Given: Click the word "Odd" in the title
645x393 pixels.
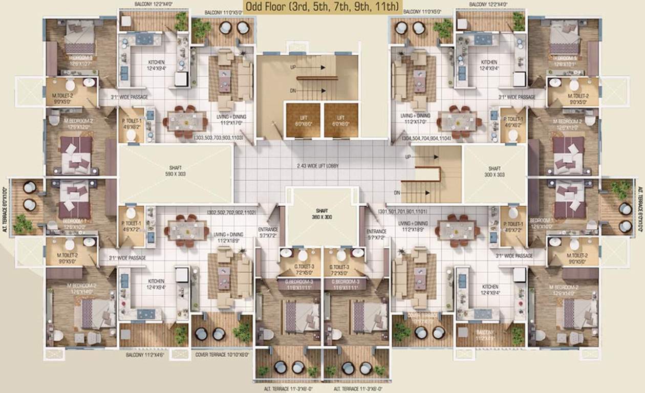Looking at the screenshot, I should click(255, 7).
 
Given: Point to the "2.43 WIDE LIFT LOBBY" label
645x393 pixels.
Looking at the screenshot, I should click(318, 166).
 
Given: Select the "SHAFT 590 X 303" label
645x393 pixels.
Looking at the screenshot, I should click(175, 171).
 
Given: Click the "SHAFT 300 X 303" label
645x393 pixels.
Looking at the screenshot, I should click(494, 171).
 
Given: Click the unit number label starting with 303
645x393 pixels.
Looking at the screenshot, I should click(223, 138).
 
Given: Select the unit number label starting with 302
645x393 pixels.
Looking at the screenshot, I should click(231, 211).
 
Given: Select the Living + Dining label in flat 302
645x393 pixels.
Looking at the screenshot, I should click(228, 237).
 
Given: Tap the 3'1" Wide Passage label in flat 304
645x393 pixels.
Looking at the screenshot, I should click(517, 97).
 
